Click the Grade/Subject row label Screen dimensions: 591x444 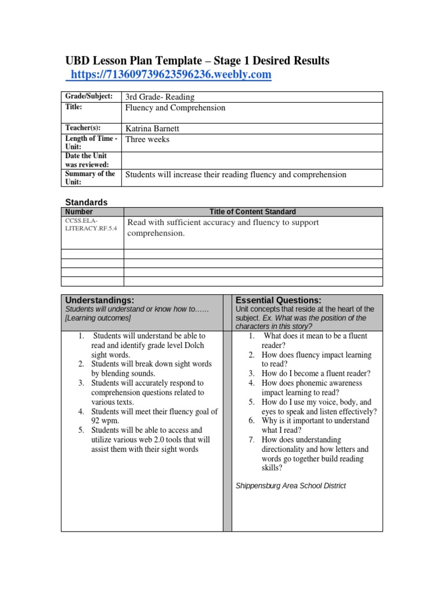click(x=89, y=96)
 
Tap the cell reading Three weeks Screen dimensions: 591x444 click(x=147, y=139)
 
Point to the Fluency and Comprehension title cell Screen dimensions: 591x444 click(x=175, y=107)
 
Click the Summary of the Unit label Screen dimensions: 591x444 click(x=90, y=177)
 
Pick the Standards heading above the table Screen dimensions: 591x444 click(x=86, y=202)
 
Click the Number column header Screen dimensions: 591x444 click(x=79, y=212)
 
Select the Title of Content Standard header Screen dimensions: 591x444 click(x=252, y=212)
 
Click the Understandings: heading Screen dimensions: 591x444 click(x=99, y=300)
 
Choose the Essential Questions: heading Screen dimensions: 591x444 click(x=278, y=300)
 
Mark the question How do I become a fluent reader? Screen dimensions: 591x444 click(x=316, y=373)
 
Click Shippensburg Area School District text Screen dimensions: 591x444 click(x=290, y=486)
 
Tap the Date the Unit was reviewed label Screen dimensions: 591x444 click(x=87, y=160)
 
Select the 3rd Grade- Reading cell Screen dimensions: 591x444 click(x=160, y=97)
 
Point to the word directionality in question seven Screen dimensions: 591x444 click(x=287, y=449)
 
